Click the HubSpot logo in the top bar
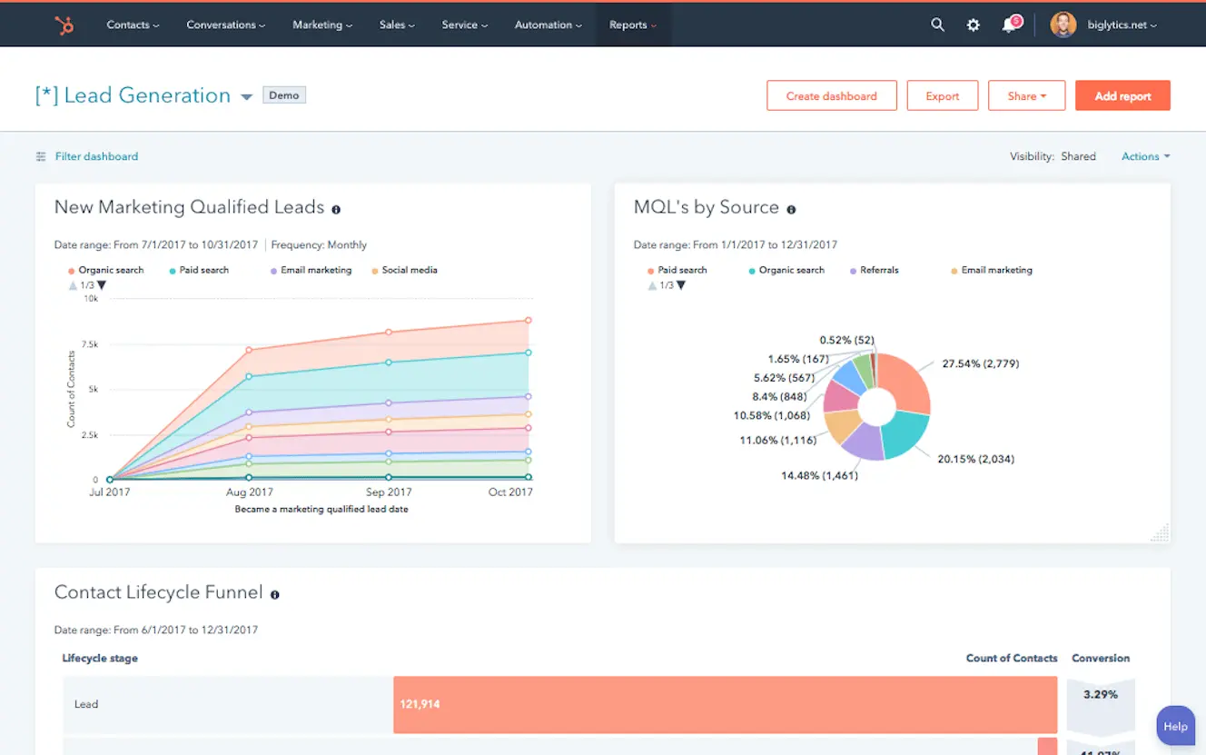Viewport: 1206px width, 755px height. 64,25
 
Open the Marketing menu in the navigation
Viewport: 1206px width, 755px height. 321,25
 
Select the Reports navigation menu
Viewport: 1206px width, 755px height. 633,25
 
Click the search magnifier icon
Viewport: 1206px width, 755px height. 937,25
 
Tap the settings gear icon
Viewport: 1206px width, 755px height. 973,25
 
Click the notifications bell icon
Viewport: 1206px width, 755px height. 1009,25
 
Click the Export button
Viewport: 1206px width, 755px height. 942,96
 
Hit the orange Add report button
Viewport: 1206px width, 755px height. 1122,96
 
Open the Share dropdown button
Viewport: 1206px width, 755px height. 1025,96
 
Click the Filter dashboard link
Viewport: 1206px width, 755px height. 95,156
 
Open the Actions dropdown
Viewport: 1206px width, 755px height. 1144,156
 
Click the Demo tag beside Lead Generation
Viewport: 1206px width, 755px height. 283,95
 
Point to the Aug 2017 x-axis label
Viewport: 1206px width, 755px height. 249,492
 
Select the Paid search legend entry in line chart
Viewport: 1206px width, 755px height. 203,270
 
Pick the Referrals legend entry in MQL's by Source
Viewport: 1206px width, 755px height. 878,270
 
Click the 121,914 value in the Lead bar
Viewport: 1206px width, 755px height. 420,704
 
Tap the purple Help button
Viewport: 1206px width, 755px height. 1174,726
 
